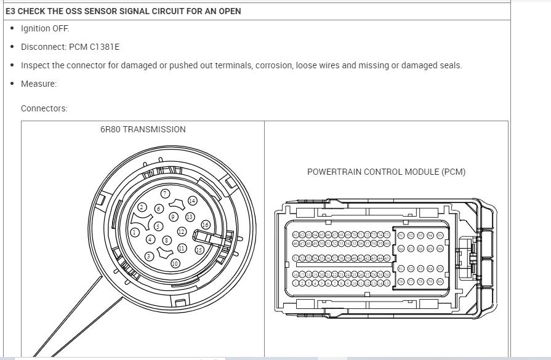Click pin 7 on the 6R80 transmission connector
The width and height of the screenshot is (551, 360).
click(165, 194)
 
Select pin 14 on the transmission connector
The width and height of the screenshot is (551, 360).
click(192, 201)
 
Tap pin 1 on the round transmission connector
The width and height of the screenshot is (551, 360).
click(134, 233)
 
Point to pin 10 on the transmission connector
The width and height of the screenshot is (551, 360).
click(175, 263)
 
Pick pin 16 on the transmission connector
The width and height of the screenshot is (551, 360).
click(206, 225)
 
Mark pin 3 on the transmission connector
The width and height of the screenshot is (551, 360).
click(149, 255)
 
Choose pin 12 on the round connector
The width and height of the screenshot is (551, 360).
click(182, 231)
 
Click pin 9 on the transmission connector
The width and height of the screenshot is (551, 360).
click(174, 216)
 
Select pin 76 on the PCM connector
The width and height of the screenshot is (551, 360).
click(401, 281)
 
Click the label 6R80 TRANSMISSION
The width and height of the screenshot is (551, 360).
click(143, 129)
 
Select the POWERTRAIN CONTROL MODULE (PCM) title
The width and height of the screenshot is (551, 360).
click(386, 172)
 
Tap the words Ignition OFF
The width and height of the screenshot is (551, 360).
click(45, 28)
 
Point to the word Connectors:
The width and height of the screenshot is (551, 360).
click(44, 108)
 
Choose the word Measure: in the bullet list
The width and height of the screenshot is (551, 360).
click(39, 84)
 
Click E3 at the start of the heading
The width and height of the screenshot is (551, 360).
click(10, 11)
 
